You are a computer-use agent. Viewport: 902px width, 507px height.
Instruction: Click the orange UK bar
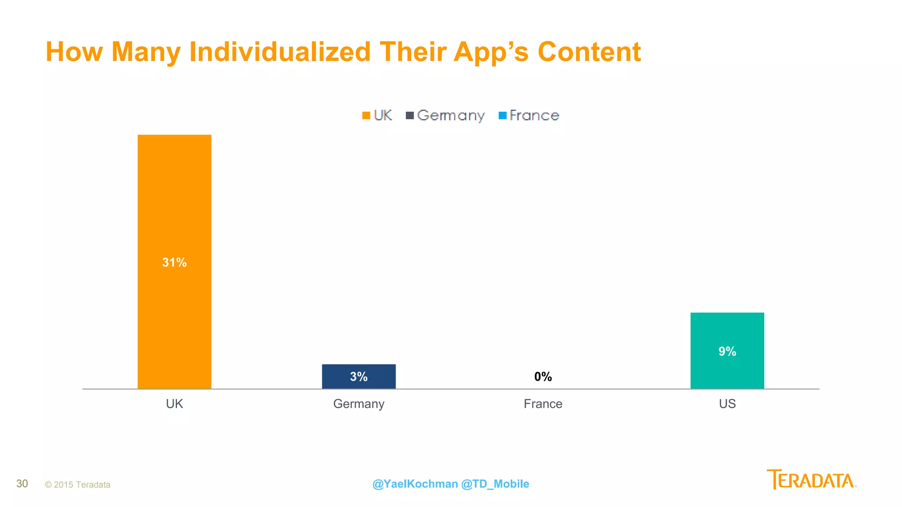174,198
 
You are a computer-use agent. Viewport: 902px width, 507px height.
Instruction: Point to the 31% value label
174,263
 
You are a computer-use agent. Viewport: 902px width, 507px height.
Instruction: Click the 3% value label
359,377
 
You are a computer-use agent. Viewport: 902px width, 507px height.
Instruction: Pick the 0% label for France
543,377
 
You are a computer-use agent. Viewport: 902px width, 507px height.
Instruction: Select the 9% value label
727,352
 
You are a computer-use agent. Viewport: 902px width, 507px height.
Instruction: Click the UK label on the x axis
174,404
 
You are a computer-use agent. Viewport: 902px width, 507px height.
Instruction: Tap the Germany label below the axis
359,404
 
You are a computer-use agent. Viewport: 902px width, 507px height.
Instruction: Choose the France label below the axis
543,404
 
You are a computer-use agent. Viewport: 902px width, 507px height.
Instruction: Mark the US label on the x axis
727,404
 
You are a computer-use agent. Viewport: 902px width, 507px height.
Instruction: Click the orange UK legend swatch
366,116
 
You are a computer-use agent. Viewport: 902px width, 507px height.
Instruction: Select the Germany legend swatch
410,116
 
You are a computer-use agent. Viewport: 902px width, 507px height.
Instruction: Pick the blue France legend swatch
503,116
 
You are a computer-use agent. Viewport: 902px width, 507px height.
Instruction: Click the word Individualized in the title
280,52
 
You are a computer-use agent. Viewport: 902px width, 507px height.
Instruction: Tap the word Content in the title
589,52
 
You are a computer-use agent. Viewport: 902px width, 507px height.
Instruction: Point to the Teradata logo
811,480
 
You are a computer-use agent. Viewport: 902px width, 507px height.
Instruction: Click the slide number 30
22,484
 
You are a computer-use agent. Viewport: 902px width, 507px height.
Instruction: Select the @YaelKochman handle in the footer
415,484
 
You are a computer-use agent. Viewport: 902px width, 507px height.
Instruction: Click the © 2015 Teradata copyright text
78,485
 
